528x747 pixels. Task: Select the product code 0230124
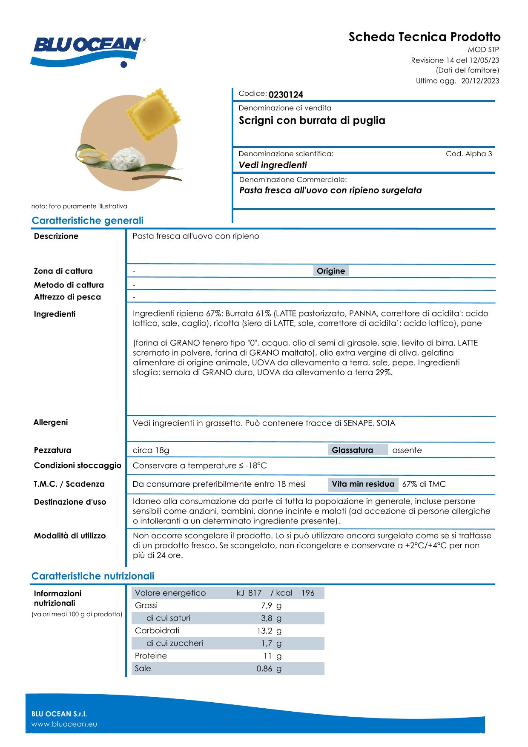click(x=286, y=95)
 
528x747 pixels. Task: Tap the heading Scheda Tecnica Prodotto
click(x=425, y=37)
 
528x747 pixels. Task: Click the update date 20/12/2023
click(x=480, y=81)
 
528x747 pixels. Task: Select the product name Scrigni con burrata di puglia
click(x=312, y=121)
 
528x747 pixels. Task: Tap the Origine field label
click(x=331, y=271)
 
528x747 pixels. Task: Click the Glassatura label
click(x=352, y=450)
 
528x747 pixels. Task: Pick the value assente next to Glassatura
click(x=407, y=450)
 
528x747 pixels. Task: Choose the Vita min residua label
click(x=363, y=484)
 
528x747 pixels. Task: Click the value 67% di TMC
click(x=424, y=484)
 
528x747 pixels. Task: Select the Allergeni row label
click(x=51, y=422)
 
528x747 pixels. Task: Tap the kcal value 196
click(x=307, y=593)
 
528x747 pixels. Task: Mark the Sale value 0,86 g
click(x=269, y=669)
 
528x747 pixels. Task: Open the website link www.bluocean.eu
click(x=64, y=724)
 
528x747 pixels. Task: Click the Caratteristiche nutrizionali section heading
click(x=93, y=576)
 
